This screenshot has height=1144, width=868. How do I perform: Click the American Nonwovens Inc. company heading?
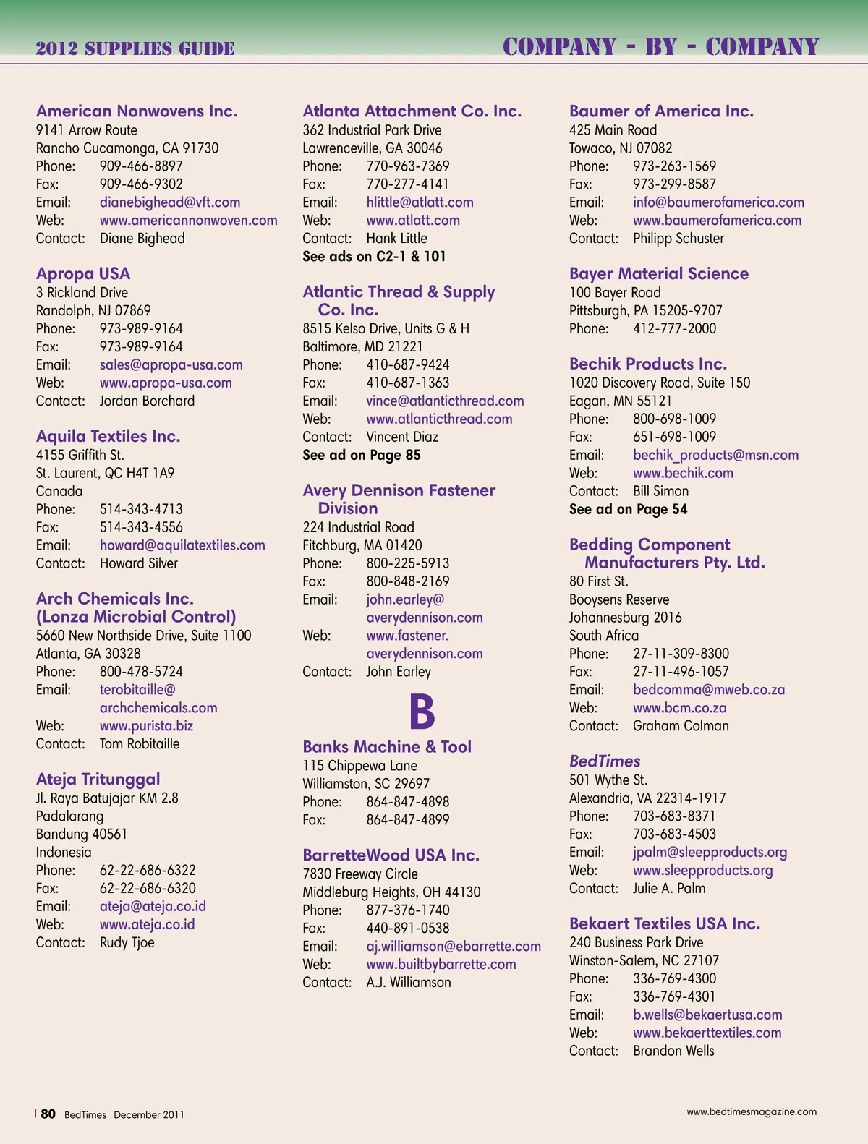click(137, 111)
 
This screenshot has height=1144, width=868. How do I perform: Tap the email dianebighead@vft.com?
click(170, 202)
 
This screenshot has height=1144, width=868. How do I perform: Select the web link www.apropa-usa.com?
click(166, 383)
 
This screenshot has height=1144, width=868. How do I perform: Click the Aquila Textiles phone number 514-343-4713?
click(141, 509)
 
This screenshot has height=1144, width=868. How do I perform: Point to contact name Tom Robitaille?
click(140, 744)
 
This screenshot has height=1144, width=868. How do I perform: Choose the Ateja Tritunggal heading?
click(98, 780)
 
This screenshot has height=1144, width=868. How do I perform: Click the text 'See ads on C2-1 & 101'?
click(374, 257)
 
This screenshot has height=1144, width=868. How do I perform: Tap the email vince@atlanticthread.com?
click(445, 401)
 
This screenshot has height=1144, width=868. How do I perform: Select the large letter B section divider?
click(422, 712)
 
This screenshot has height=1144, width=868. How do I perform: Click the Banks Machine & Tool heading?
click(387, 747)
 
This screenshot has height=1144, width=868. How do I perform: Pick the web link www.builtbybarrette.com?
click(441, 965)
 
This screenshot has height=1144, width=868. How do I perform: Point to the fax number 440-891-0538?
click(408, 929)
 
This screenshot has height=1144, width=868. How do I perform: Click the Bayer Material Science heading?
click(659, 274)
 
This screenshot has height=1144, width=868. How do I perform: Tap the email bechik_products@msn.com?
click(715, 456)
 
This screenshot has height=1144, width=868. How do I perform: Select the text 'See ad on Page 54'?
click(628, 510)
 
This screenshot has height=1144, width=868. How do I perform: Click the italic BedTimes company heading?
click(605, 761)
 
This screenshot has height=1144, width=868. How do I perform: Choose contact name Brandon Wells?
click(673, 1051)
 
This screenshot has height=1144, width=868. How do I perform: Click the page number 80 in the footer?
click(48, 1114)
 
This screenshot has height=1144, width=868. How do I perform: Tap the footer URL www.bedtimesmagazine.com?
click(752, 1112)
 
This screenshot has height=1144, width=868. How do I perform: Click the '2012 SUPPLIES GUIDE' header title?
click(135, 49)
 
